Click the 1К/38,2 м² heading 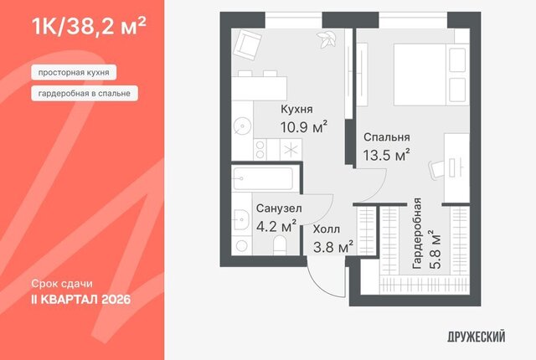(89, 26)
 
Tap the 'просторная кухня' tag (74, 72)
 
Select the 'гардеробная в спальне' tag (85, 93)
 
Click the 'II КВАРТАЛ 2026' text (81, 300)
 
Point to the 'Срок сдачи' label (62, 284)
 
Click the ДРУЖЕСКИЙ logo (477, 337)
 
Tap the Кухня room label (296, 110)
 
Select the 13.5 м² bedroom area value (386, 155)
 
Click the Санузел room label (279, 208)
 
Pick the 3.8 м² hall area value (333, 247)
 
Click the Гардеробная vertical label (417, 234)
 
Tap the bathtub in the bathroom (262, 178)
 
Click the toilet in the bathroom (280, 246)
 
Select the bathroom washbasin (241, 219)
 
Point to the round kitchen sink (242, 126)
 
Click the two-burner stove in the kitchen (260, 150)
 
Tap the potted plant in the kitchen (326, 39)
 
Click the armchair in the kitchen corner (248, 44)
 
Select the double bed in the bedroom (430, 75)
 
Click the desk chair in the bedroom (436, 170)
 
